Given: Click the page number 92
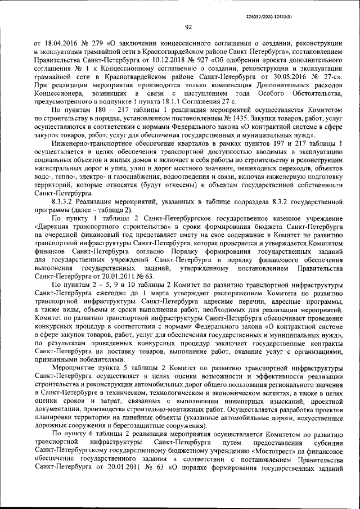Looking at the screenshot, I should click(188, 26).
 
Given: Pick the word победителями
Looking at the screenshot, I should click(94, 359).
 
